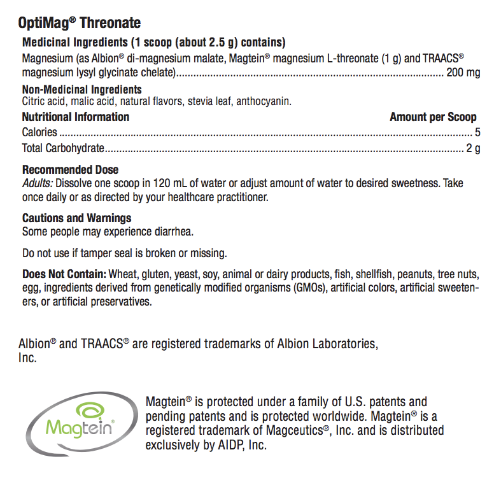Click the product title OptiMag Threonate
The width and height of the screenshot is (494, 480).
coord(80,24)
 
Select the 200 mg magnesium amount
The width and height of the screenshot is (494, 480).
coord(463,73)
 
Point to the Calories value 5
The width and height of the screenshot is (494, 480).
coord(477,132)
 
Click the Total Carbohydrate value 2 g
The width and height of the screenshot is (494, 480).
coord(473,149)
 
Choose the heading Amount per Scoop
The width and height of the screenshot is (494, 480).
coord(433,117)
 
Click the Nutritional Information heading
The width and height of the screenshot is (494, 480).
coord(76,117)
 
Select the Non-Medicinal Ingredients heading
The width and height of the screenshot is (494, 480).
coord(82,90)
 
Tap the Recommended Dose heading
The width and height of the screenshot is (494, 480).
coord(70,170)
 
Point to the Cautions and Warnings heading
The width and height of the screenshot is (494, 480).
coord(77,218)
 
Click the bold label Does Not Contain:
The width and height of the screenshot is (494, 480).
coord(64,274)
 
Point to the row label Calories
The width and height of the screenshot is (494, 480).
coord(39,132)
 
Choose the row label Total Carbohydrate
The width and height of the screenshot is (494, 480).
coord(63,149)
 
